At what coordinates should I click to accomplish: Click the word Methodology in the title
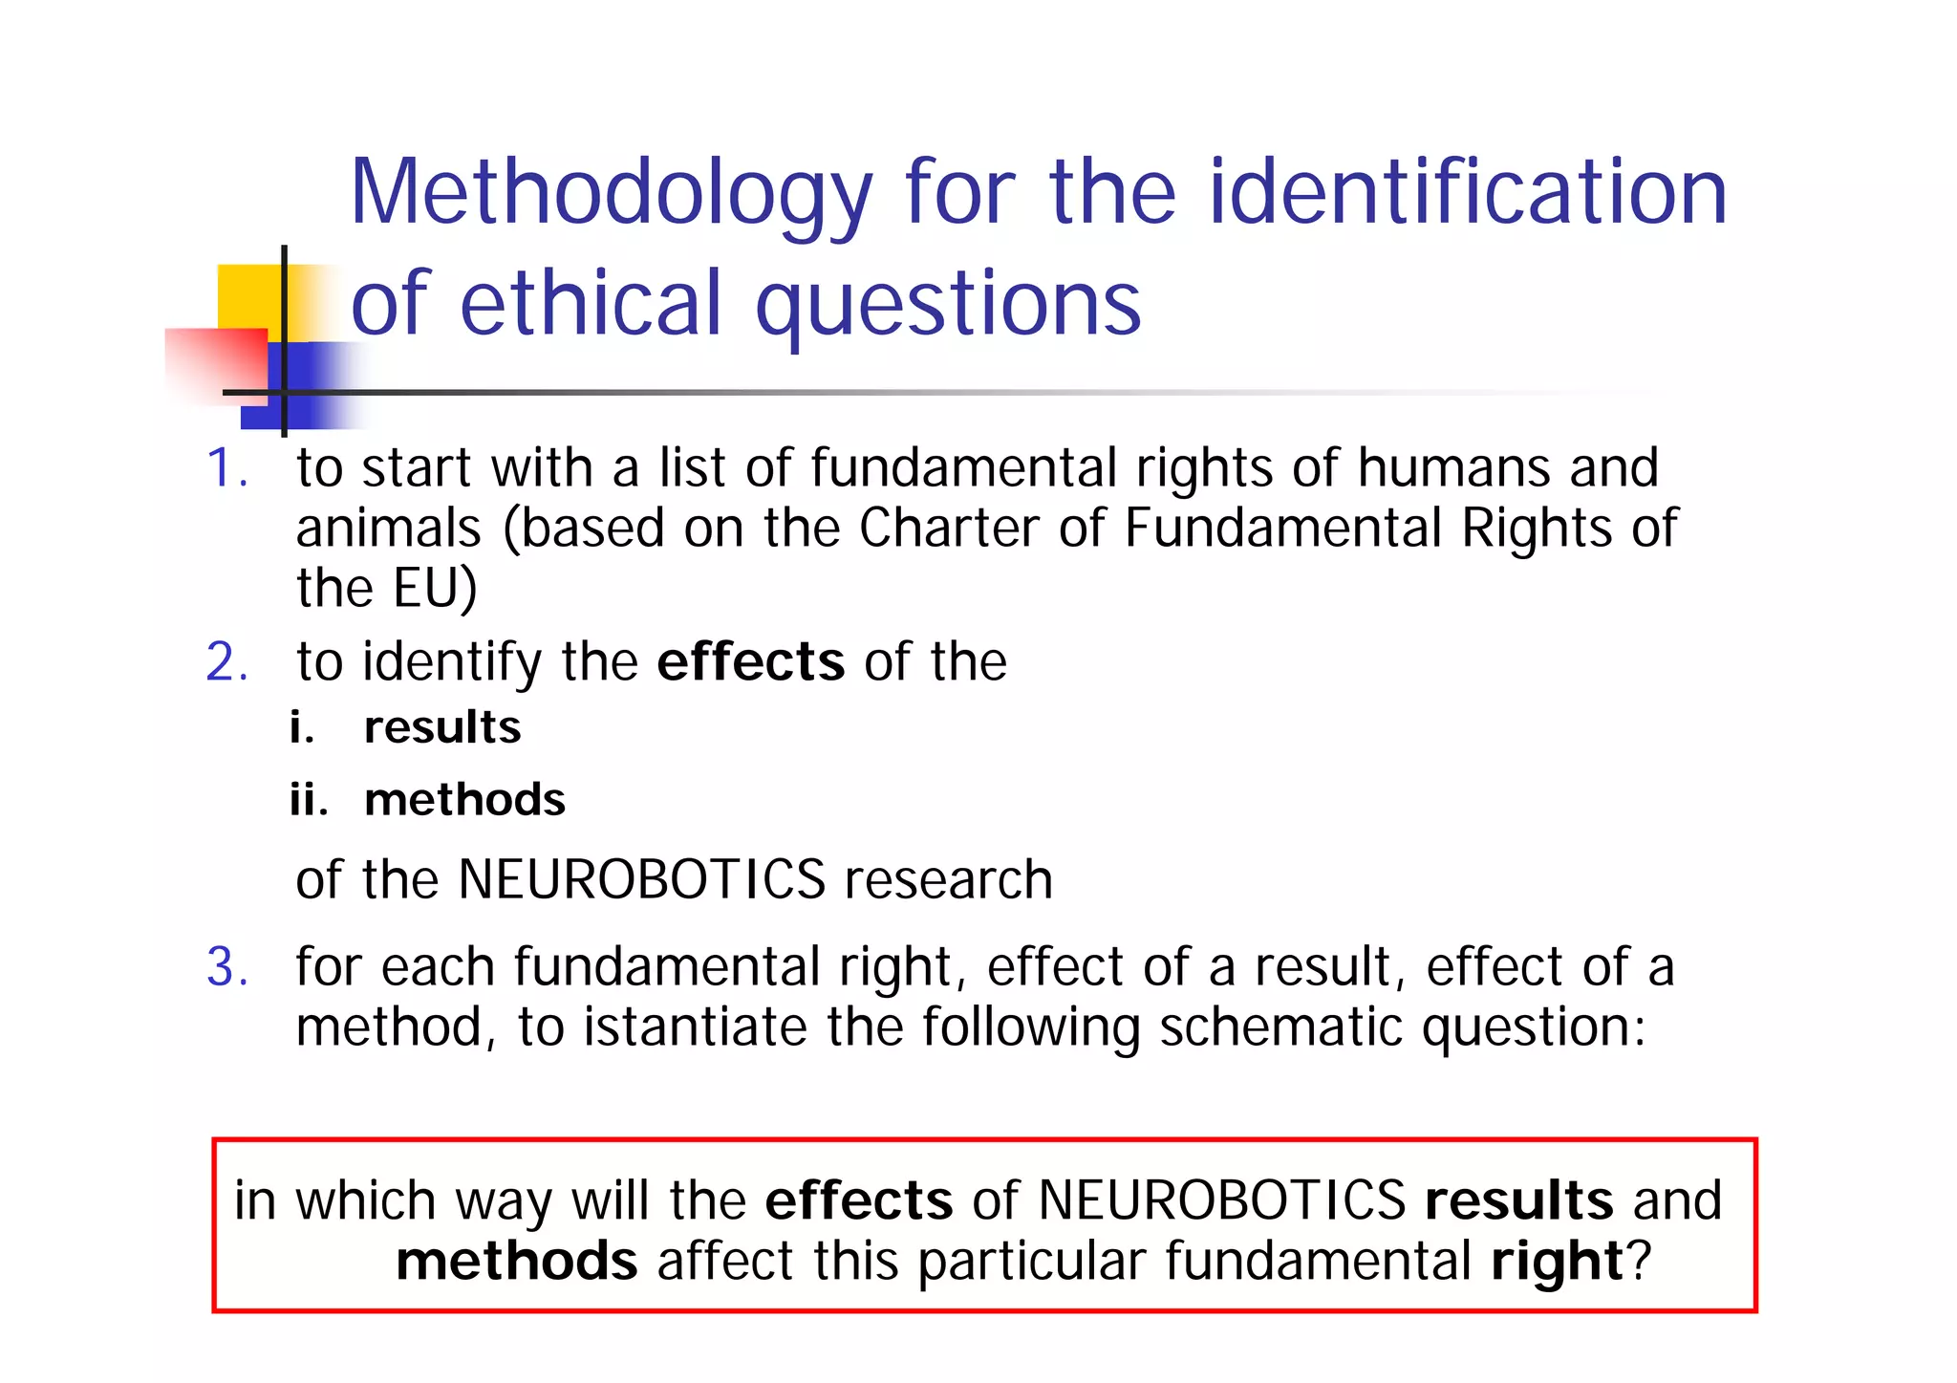point(612,194)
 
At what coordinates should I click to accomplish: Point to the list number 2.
point(226,661)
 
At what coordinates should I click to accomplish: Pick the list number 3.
point(226,967)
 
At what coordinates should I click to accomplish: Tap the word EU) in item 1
point(435,588)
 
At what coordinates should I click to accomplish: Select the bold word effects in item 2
point(750,661)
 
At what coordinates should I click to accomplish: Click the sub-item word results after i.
point(442,727)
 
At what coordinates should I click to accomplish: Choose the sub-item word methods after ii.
point(464,799)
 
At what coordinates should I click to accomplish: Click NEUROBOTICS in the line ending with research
point(641,879)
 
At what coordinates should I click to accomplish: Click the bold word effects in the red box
point(858,1200)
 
